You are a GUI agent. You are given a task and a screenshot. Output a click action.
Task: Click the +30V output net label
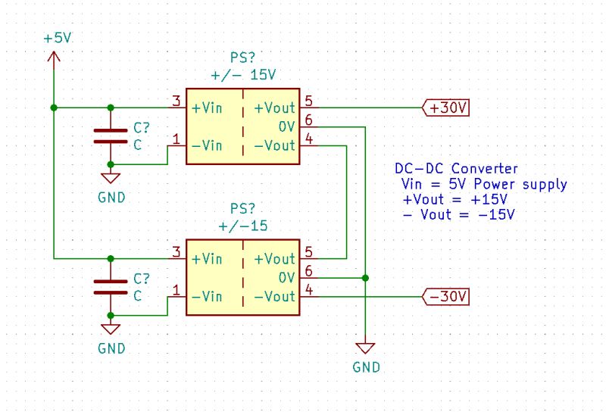coord(446,108)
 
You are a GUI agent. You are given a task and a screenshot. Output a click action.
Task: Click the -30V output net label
coord(446,296)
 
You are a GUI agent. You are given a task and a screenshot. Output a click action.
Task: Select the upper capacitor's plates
coord(111,136)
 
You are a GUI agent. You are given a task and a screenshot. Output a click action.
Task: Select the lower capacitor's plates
coord(111,286)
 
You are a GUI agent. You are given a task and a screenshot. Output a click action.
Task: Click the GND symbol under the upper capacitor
coord(111,179)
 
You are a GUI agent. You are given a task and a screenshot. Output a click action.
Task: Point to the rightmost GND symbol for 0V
coord(365,348)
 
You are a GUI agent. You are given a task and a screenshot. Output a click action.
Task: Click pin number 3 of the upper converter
coord(176,101)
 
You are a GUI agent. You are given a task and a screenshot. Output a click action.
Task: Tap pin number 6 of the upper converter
coord(308,120)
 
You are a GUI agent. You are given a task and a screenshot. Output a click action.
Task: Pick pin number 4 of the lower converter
coord(308,289)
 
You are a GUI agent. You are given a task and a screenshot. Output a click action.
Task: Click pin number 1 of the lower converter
coord(176,289)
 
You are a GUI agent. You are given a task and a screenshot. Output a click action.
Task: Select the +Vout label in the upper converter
coord(273,108)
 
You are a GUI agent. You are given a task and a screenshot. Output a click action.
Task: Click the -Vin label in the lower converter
coord(207,296)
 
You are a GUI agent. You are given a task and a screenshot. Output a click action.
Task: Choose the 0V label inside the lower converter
coord(286,278)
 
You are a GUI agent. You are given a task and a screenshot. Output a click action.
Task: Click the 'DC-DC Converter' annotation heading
coord(456,169)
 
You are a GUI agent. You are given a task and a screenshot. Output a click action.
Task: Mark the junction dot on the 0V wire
coord(365,278)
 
